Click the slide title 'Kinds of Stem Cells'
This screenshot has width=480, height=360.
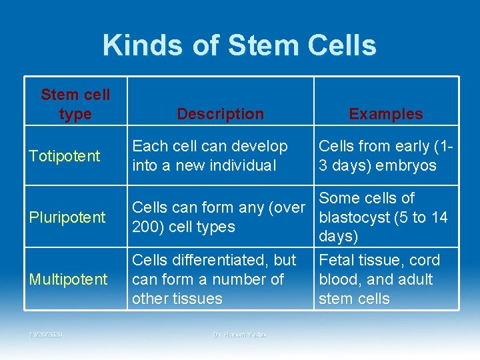pos(239,45)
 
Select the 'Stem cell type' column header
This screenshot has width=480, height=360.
pos(75,104)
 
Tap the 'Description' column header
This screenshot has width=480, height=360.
pos(220,114)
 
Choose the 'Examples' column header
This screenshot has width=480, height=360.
pos(386,114)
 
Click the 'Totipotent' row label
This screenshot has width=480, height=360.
pos(65,156)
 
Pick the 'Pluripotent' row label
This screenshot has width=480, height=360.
pos(67,217)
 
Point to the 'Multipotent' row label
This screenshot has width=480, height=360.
pos(68,279)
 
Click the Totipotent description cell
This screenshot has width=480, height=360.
pos(210,155)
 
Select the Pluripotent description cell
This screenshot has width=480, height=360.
pos(218,217)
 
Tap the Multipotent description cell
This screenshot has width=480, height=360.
pos(214,279)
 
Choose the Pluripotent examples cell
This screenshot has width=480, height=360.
pos(383,217)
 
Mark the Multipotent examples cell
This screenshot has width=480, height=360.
pos(379,279)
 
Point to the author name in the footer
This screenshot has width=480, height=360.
pos(240,334)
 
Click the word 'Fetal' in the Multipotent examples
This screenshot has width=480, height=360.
pos(337,260)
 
